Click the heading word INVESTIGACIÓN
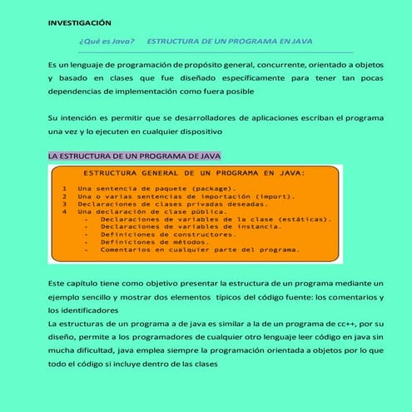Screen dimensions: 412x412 [x=79, y=22]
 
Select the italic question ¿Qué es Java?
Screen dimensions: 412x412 [x=107, y=41]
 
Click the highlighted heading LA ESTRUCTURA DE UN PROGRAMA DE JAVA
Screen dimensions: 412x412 [x=134, y=156]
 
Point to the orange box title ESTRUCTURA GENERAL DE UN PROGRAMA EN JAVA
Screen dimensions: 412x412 [x=195, y=173]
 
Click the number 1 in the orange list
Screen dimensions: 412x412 [x=64, y=189]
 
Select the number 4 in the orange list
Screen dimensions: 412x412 [x=64, y=211]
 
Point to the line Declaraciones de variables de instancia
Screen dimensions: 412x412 [x=186, y=226]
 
